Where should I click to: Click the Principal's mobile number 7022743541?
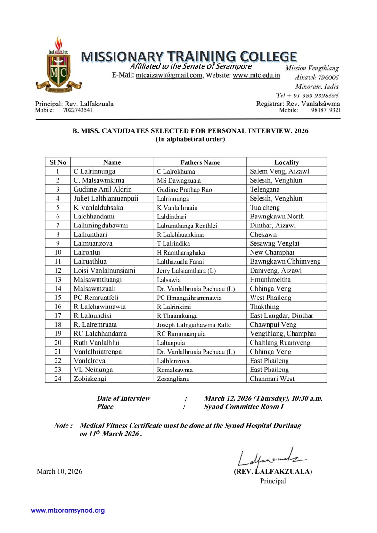(78, 110)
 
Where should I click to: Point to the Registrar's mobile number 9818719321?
(326, 110)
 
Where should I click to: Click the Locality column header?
(287, 162)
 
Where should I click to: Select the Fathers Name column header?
(200, 162)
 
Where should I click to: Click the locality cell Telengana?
(265, 189)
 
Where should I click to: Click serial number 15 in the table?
(57, 298)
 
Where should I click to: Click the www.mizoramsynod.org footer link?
(68, 510)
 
